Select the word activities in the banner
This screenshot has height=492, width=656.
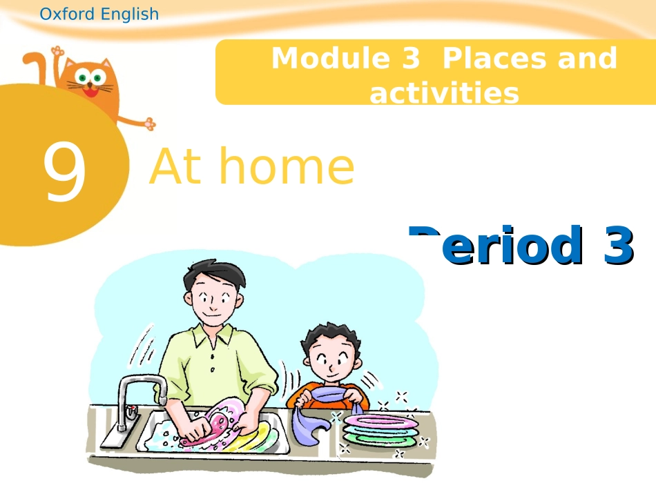(x=444, y=93)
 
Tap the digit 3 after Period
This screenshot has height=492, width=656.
(x=618, y=245)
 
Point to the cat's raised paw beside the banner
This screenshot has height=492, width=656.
(x=147, y=123)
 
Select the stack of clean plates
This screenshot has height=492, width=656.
(x=380, y=428)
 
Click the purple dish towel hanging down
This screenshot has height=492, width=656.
(x=307, y=424)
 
